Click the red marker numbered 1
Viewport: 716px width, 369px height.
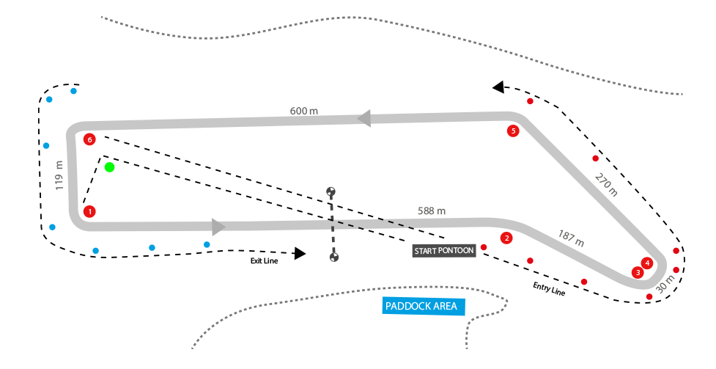click(x=89, y=211)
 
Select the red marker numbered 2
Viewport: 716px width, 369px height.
click(x=506, y=238)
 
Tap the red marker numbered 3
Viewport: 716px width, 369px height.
click(x=638, y=272)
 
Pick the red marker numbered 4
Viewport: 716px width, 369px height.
click(x=646, y=263)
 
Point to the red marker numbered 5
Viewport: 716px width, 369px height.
click(x=513, y=131)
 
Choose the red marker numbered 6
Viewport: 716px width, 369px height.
click(x=89, y=139)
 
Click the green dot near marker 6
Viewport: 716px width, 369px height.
click(x=109, y=167)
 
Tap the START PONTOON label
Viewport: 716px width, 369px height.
click(x=444, y=251)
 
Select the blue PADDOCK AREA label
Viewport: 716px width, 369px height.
click(x=424, y=306)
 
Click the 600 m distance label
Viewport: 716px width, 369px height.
click(x=303, y=111)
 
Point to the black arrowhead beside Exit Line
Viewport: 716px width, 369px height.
click(x=299, y=253)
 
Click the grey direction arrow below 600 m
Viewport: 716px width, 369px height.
click(x=364, y=118)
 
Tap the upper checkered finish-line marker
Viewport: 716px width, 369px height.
click(x=331, y=192)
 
